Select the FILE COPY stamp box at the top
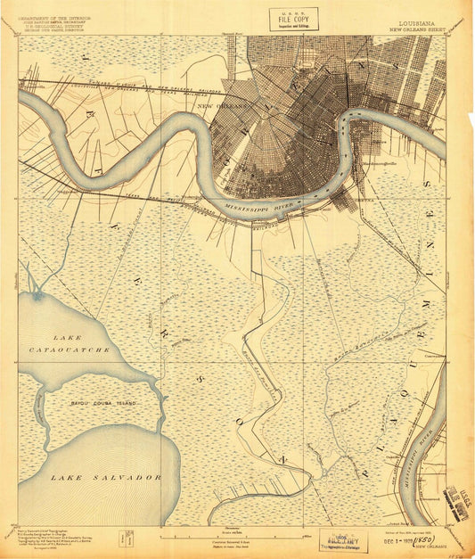click(x=293, y=19)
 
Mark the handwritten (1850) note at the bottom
click(x=418, y=541)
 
